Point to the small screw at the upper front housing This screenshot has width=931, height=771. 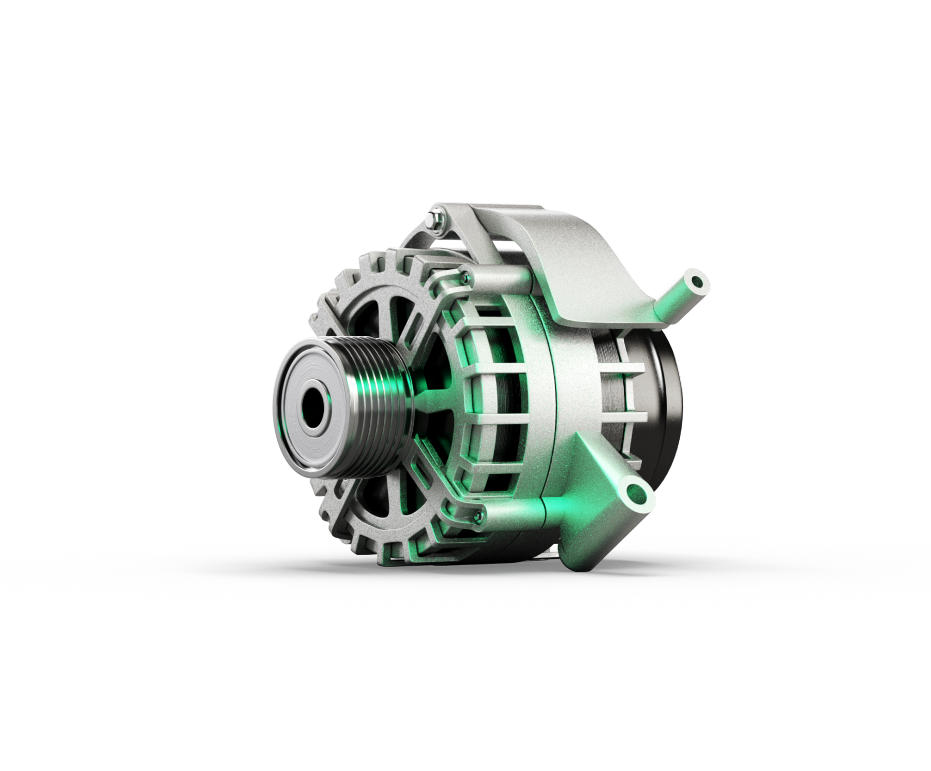coord(467,277)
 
